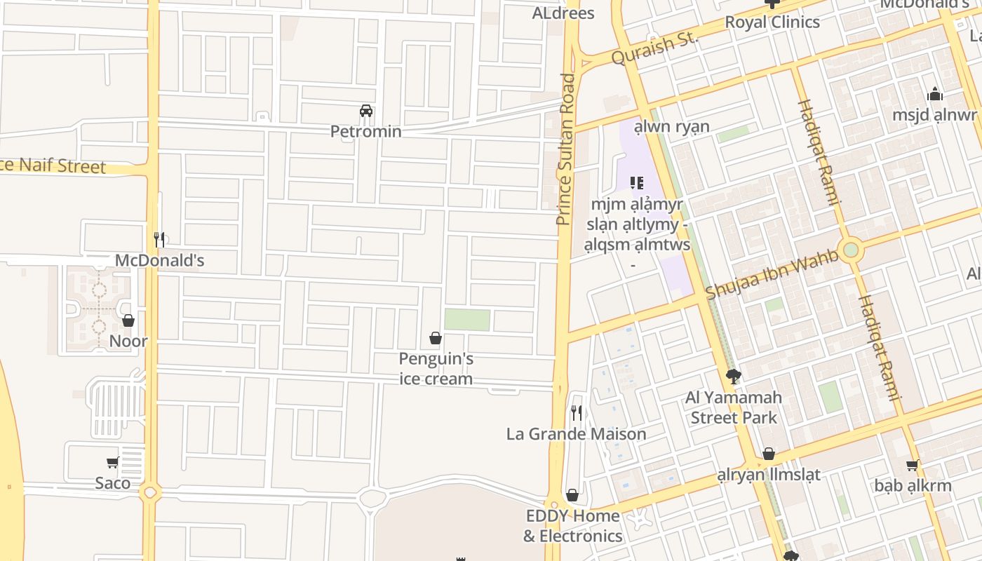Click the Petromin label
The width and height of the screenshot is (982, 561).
tap(365, 131)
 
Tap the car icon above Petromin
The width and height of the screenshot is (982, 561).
tap(365, 111)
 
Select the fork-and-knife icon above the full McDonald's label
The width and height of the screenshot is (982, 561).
tap(159, 240)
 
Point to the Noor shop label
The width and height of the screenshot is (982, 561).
tap(128, 342)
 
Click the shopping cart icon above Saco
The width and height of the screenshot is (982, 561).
tap(112, 463)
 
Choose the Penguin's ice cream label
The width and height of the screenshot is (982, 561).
tap(436, 369)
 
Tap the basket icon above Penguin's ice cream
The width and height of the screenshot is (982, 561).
tap(435, 339)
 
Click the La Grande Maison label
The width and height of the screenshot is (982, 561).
tap(576, 434)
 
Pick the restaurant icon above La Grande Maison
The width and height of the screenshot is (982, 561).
tap(576, 412)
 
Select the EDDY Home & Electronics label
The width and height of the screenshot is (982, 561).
tap(572, 526)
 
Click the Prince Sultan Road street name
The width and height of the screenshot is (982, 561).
tap(565, 149)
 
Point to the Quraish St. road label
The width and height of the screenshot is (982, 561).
tap(654, 48)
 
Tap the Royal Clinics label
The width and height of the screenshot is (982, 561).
tap(772, 22)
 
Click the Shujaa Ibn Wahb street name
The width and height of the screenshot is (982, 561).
tap(772, 274)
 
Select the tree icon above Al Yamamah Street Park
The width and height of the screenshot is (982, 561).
tap(733, 377)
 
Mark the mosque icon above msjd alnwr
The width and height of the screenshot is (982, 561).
tap(934, 94)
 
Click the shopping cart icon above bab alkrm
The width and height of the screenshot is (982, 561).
tap(913, 465)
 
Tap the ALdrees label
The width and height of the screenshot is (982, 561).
tap(563, 13)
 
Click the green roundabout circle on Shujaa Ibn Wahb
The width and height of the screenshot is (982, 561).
tap(851, 250)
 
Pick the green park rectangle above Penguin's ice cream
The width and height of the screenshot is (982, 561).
tap(467, 320)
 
